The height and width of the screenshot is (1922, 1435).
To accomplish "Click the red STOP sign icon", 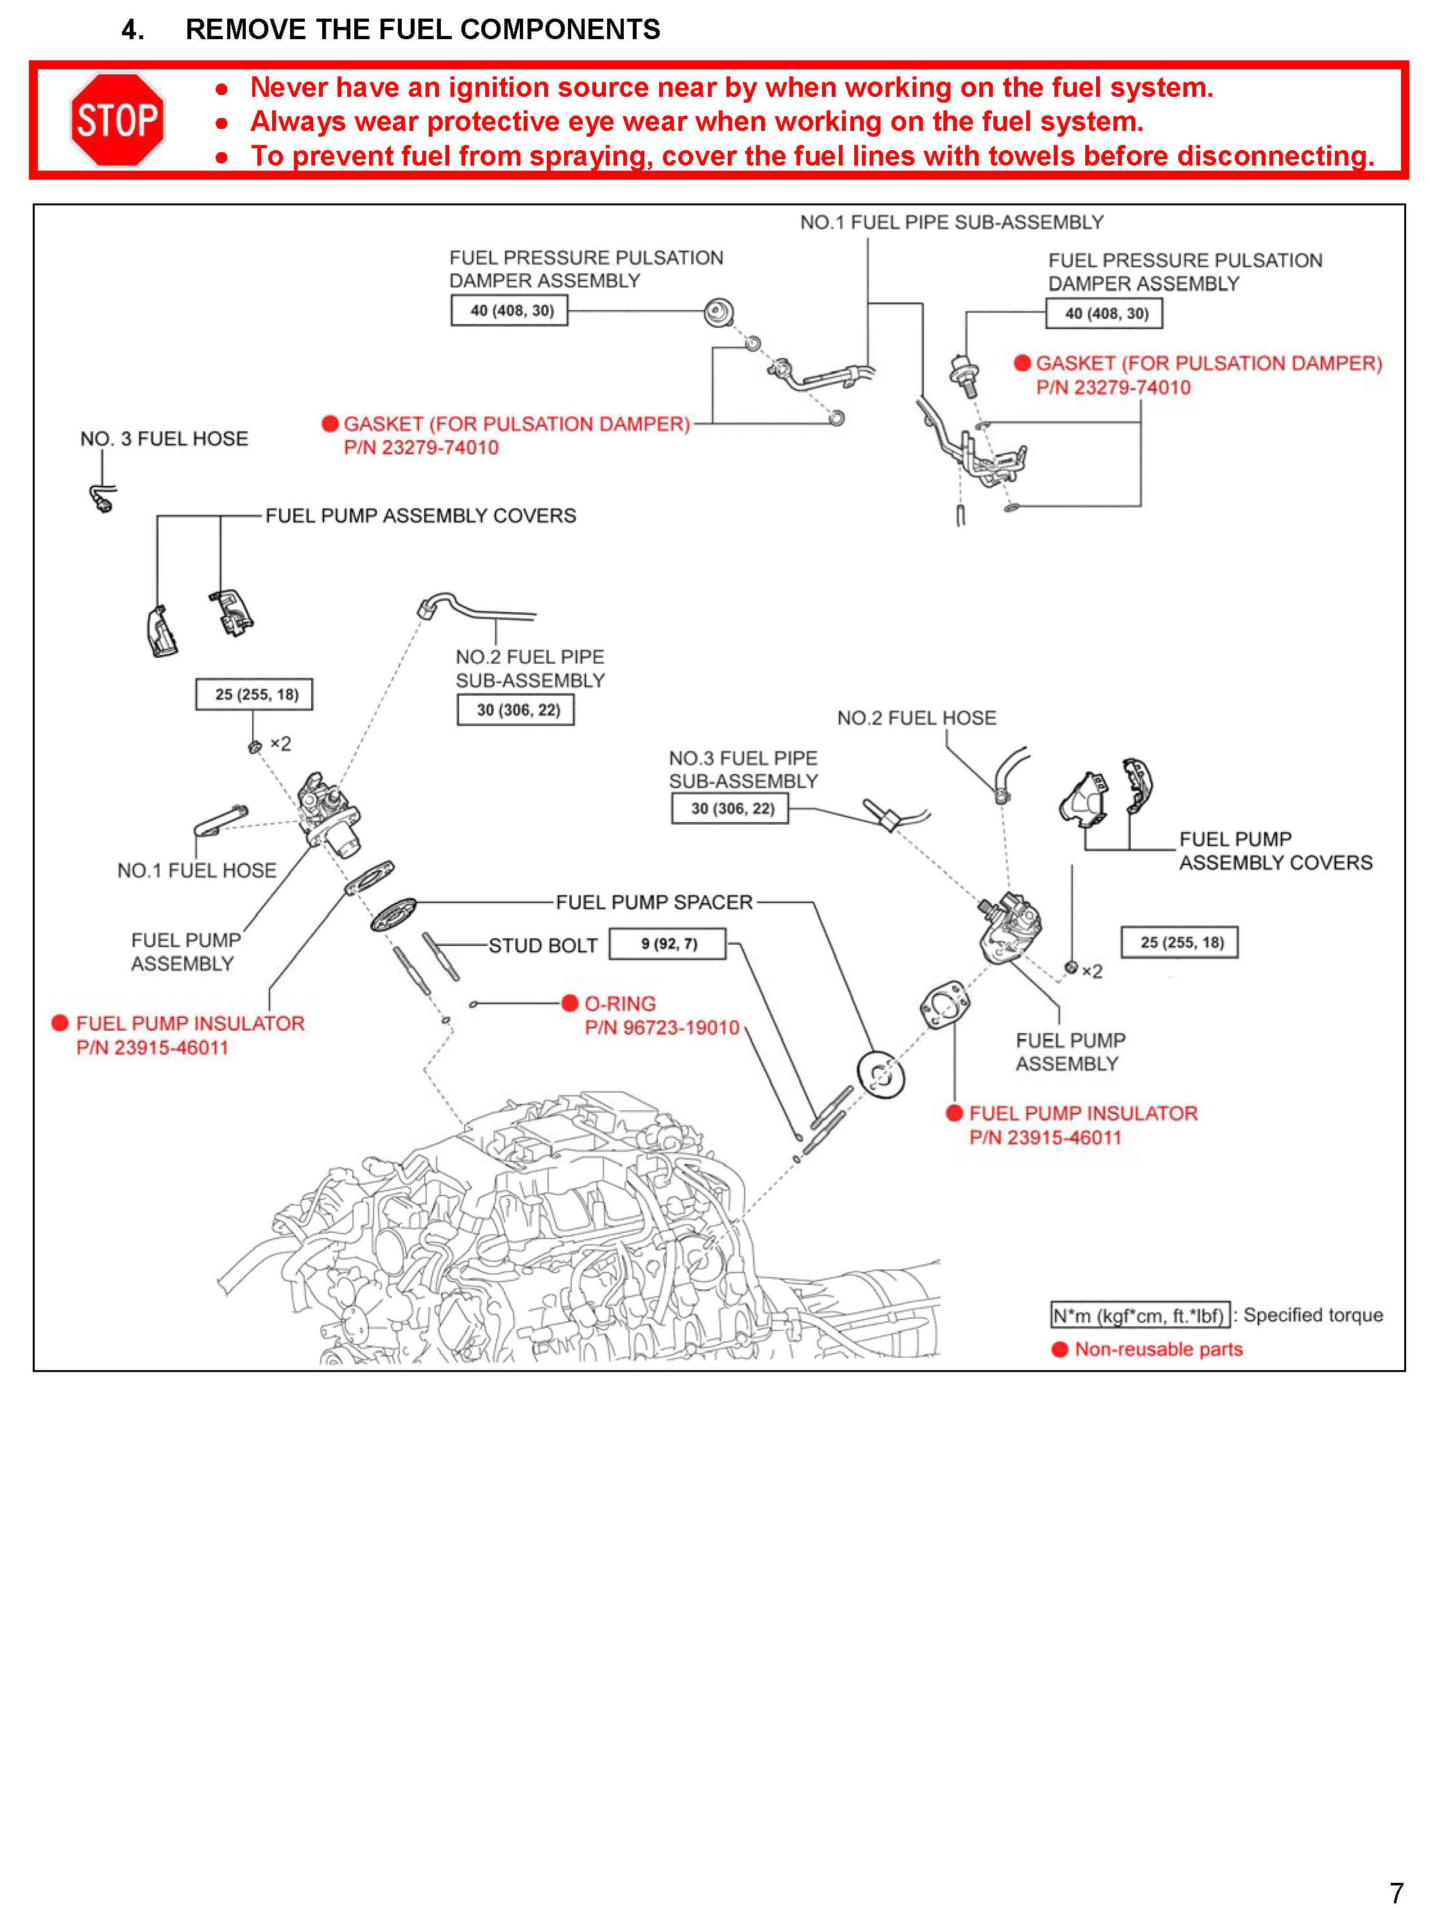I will coord(117,120).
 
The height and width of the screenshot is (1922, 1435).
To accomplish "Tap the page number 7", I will coord(1396,1892).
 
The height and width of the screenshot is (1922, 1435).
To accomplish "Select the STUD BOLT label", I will coord(543,946).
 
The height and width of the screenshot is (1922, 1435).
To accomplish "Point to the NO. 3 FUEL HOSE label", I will coord(164,438).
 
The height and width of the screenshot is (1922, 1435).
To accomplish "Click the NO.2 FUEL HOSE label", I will coord(916,718).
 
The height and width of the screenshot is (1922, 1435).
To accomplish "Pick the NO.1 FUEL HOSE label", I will coord(196,870).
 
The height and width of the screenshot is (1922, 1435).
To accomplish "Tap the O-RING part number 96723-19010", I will coord(662,1027).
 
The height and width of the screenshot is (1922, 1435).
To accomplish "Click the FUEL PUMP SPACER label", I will coord(654,902).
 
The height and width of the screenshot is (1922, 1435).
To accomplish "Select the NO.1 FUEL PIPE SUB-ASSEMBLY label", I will coord(951,222).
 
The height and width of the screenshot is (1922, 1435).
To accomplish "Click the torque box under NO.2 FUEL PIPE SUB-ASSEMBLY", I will coord(516,710).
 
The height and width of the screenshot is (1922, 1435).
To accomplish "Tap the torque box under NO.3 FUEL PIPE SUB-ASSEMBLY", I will coord(730,809).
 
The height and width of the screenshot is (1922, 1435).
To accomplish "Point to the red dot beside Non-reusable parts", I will coord(1060,1350).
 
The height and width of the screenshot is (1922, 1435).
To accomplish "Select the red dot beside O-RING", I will coord(570,1003).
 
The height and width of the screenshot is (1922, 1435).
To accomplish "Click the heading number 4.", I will coord(132,30).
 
